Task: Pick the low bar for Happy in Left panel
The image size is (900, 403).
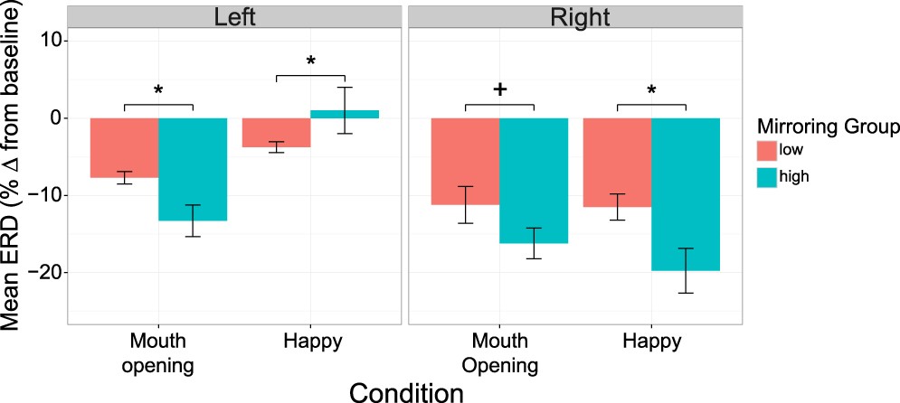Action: pos(276,132)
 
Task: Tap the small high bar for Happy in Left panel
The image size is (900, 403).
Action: pos(345,114)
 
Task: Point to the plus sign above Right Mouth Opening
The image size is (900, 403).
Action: pos(498,89)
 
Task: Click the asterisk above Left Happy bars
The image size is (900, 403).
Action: pos(310,61)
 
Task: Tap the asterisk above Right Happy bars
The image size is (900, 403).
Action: pos(651,89)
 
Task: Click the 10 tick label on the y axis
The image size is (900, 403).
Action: pos(50,41)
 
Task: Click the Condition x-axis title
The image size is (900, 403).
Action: pos(406,390)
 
